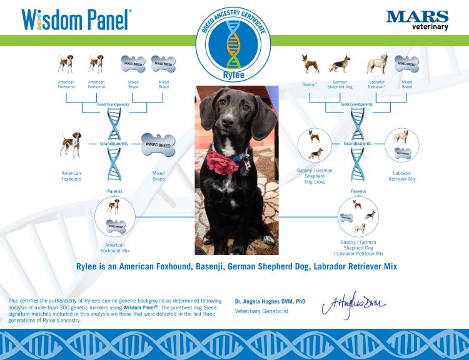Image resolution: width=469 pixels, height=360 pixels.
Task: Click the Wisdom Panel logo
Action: point(76,19)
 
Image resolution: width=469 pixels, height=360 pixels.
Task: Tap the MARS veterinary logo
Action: point(417,19)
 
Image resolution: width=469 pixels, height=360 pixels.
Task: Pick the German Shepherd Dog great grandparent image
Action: point(340,64)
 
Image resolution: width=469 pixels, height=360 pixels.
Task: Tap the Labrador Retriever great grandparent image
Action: point(376,64)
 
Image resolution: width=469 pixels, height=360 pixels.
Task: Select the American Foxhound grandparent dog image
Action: point(71,144)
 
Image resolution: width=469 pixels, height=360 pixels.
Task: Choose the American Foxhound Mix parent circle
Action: point(114,217)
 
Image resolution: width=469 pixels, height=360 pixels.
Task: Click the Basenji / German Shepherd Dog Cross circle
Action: point(315,145)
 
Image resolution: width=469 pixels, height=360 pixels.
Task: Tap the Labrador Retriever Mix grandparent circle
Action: point(401,145)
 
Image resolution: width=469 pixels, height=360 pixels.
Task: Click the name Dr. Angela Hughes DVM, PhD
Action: point(270,302)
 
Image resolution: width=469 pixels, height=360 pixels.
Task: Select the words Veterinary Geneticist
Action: point(261,311)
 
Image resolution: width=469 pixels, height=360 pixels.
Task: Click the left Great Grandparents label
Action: point(114,104)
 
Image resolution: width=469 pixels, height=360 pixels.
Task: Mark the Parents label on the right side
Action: point(358,191)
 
